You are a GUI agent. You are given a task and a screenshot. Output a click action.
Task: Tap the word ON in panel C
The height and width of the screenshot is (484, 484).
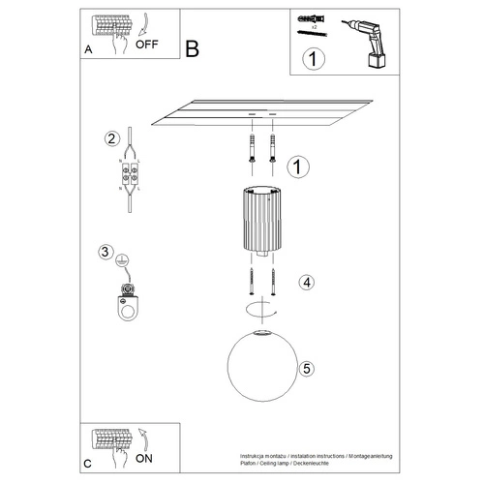coord(144,460)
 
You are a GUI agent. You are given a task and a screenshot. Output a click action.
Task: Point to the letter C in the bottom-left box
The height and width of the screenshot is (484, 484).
coord(88,463)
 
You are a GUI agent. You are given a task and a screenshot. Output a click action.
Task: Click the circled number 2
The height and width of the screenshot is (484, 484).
coord(112,137)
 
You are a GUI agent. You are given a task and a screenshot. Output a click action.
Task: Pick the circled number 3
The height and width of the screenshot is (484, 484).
coord(106,253)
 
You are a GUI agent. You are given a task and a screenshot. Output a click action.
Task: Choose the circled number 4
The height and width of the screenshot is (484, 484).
coord(305,284)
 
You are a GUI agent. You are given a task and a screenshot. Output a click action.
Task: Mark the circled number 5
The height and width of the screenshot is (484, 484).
coord(306,369)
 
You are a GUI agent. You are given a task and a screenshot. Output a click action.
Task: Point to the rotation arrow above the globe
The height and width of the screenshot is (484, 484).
coord(257,309)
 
